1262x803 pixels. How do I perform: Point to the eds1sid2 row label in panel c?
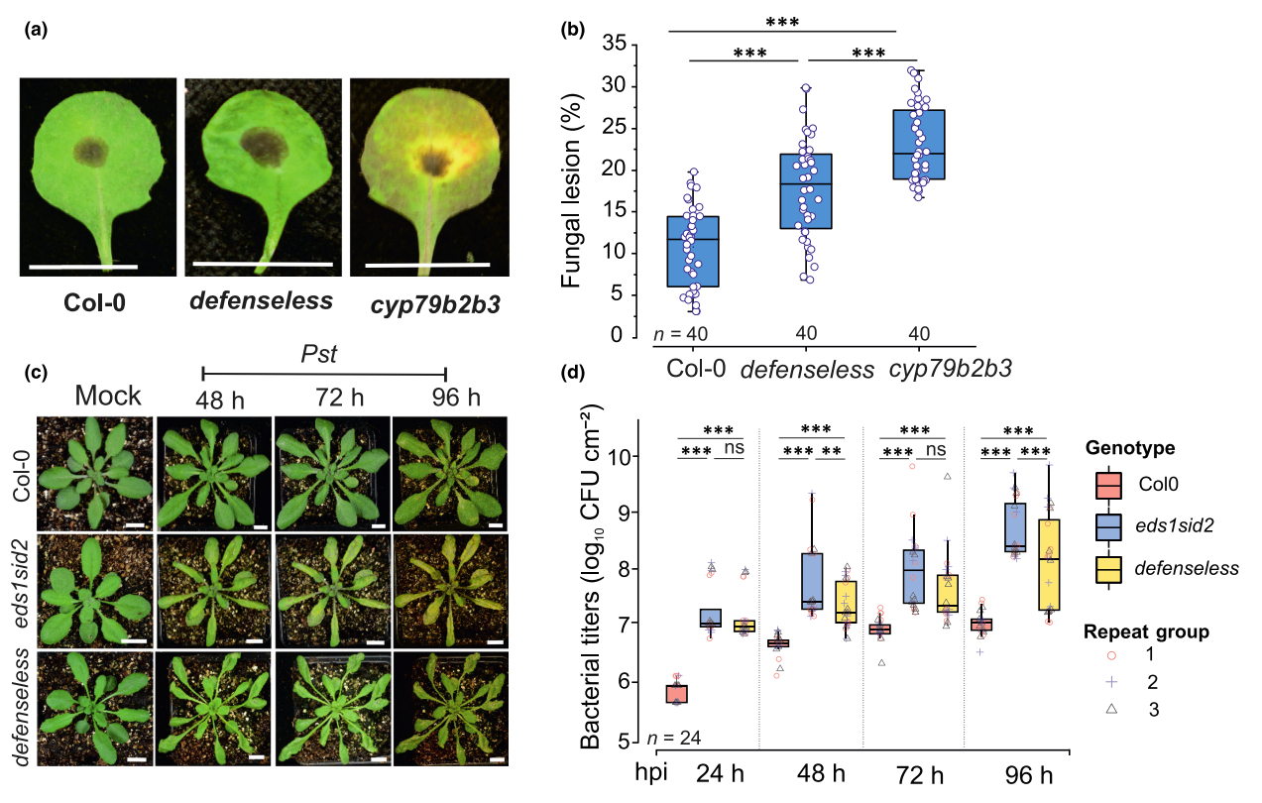tap(21, 589)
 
